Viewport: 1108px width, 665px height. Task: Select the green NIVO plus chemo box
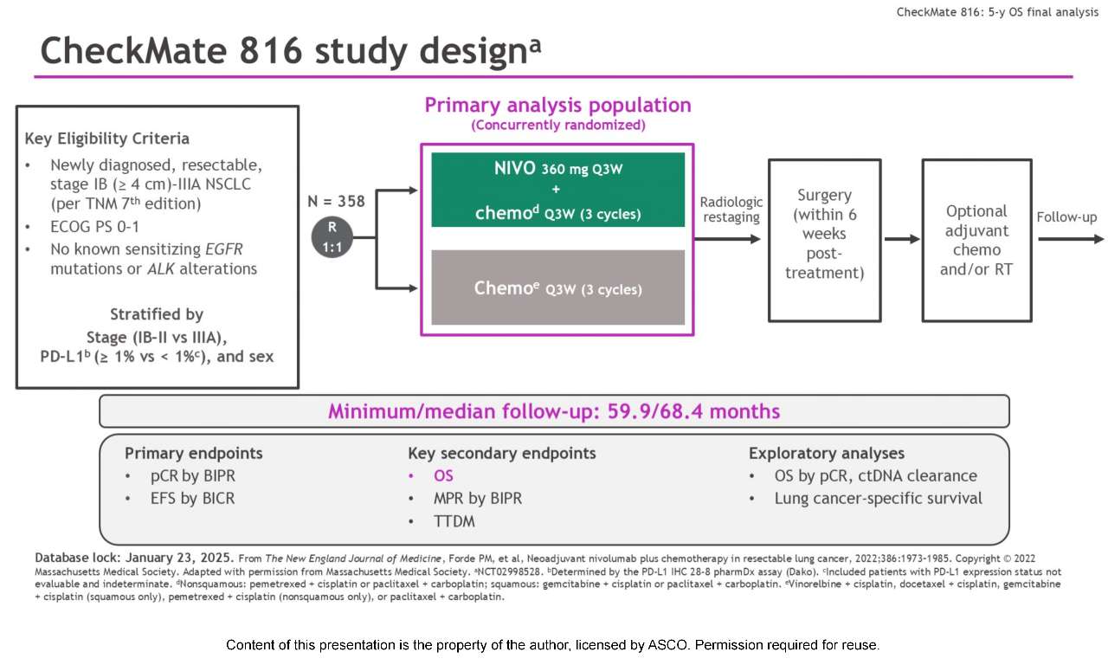click(x=557, y=190)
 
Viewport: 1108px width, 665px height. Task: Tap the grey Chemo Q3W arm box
click(x=557, y=287)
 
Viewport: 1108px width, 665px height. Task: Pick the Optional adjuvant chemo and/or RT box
click(x=976, y=240)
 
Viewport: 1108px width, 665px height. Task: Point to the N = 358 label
click(x=336, y=201)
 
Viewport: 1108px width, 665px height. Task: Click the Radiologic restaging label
click(x=731, y=210)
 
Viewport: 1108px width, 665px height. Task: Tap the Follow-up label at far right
click(x=1066, y=216)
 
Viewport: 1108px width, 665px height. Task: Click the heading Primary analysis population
click(x=557, y=106)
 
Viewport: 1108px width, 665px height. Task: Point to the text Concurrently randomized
click(x=557, y=126)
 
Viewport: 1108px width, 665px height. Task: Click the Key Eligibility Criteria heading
click(x=106, y=139)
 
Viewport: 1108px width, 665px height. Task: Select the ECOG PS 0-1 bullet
click(x=95, y=228)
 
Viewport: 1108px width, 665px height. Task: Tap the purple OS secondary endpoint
click(x=443, y=475)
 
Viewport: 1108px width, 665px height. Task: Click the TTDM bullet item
click(x=454, y=520)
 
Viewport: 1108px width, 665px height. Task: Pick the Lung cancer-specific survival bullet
click(x=878, y=498)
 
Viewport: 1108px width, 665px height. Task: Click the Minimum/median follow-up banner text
click(x=554, y=411)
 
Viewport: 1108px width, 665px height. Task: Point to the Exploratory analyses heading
click(x=826, y=453)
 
